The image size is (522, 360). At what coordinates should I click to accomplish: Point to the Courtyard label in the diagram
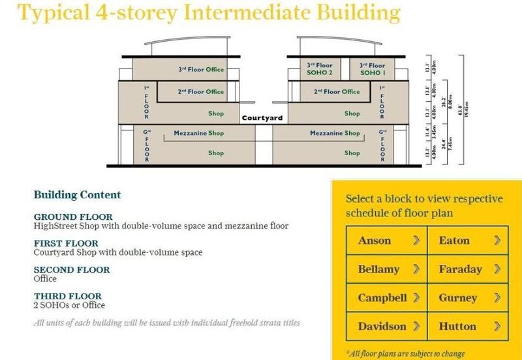point(261,119)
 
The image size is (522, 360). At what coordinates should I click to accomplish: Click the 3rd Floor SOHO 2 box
point(319,69)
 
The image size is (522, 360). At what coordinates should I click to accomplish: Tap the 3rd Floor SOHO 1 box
point(373,69)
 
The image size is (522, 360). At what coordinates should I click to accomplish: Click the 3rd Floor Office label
point(201,70)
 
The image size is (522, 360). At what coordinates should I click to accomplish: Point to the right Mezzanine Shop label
point(335,133)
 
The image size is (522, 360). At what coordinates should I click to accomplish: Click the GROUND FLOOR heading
point(72,217)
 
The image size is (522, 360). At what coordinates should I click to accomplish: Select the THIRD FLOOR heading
point(68,295)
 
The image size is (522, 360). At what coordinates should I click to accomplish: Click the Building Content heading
point(77,194)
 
